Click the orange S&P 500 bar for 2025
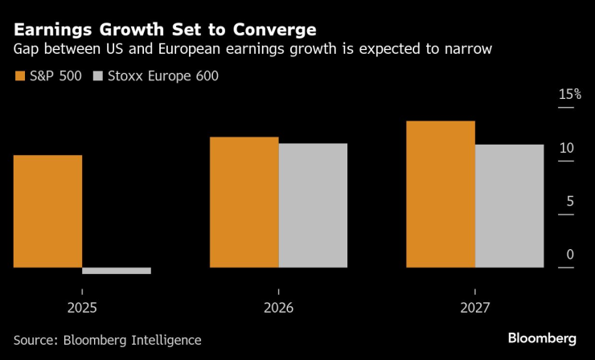(47, 211)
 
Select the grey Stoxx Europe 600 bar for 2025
(117, 271)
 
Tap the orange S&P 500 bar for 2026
(244, 202)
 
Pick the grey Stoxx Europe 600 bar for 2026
(313, 205)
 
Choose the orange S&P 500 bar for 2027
(441, 194)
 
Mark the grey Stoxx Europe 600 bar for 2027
(510, 206)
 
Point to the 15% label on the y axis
(570, 95)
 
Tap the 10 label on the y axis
(567, 148)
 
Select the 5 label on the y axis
(570, 201)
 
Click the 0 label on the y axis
(570, 255)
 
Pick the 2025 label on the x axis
(82, 308)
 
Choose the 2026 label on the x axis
(278, 308)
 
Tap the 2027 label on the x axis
(474, 308)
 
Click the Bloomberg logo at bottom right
(542, 337)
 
